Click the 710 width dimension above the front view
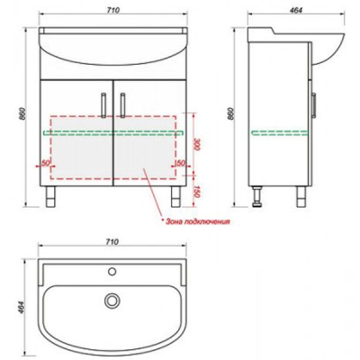pyautogui.click(x=113, y=10)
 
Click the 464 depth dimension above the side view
pyautogui.click(x=296, y=10)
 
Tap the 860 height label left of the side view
pyautogui.click(x=231, y=113)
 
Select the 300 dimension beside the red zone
pyautogui.click(x=197, y=144)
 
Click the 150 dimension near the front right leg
pyautogui.click(x=197, y=191)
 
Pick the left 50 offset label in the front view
pyautogui.click(x=45, y=163)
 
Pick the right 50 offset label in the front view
pyautogui.click(x=180, y=163)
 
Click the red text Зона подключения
pyautogui.click(x=197, y=221)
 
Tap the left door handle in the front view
pyautogui.click(x=103, y=105)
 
